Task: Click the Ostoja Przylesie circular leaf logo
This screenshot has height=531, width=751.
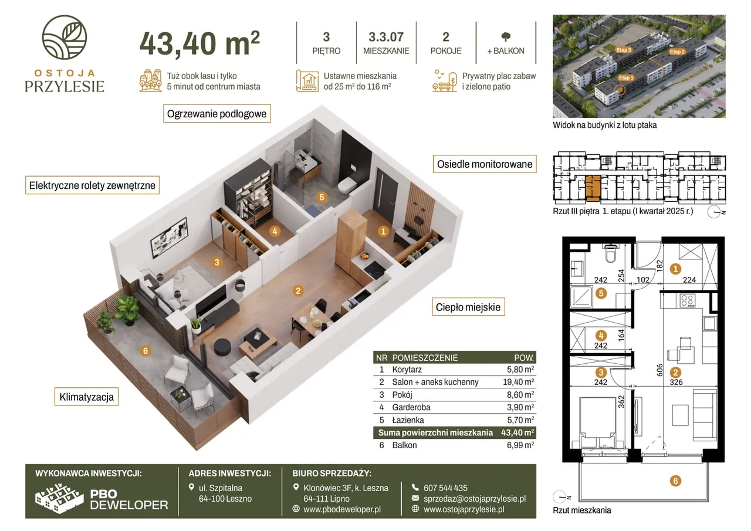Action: [65, 37]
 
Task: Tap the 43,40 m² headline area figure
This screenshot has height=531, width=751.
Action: [199, 43]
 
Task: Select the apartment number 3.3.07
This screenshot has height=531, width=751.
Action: [386, 37]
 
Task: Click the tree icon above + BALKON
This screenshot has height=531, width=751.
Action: [506, 36]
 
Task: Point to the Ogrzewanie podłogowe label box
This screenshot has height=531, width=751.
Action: [217, 114]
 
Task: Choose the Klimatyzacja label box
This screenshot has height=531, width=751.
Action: [86, 397]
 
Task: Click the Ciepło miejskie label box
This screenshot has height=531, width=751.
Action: [468, 307]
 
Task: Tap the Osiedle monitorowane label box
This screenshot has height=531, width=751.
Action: [485, 164]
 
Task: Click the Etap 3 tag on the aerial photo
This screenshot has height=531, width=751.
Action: [623, 50]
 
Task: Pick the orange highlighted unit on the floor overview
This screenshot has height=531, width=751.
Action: [593, 188]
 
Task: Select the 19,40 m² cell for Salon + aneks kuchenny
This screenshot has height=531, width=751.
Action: [518, 382]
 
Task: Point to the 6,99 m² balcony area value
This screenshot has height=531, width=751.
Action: [520, 445]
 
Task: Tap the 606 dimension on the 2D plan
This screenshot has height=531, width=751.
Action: [660, 370]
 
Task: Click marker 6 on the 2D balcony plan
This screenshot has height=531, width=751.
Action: [675, 481]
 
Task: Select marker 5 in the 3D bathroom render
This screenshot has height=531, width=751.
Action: [322, 198]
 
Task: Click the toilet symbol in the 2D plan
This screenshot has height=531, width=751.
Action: [611, 253]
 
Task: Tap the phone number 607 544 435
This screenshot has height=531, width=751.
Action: [445, 488]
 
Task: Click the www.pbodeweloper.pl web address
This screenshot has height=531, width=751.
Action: [342, 509]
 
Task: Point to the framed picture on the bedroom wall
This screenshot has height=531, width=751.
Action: [169, 238]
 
